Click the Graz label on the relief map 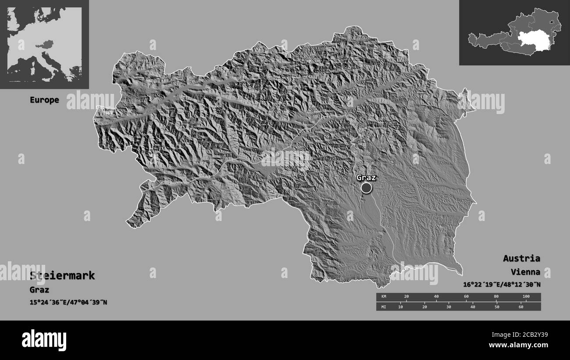[366, 178]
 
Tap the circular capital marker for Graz [366, 188]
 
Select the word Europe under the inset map [44, 100]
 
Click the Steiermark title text [62, 276]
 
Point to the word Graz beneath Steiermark [39, 290]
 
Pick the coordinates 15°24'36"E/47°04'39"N [68, 302]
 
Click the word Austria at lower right [521, 258]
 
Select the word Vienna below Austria [525, 272]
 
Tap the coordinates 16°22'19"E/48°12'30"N [502, 285]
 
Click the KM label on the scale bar [384, 297]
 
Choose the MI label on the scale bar [384, 307]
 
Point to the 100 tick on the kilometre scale [526, 297]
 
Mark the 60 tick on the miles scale [521, 307]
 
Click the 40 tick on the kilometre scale [436, 297]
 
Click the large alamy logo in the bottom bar [44, 340]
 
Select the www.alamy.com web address [524, 345]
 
